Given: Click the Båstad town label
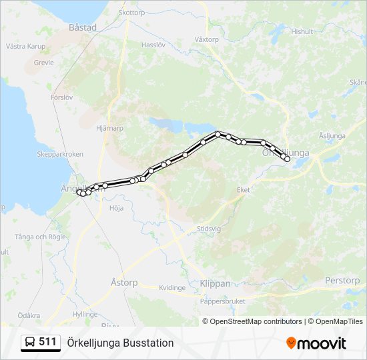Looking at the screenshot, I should (x=83, y=27).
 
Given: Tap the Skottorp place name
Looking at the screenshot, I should (x=131, y=12).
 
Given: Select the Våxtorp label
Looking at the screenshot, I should (x=206, y=39).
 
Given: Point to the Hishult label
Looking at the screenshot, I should (x=302, y=31).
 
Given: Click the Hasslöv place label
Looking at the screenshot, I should (x=153, y=44).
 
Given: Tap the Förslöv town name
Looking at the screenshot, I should (x=61, y=97).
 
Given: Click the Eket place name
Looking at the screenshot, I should (x=244, y=190).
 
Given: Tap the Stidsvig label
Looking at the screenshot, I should (x=208, y=228).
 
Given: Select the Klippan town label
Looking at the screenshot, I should (x=215, y=283).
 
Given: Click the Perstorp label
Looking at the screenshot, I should (x=342, y=281).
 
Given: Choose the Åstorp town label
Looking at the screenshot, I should (x=123, y=283).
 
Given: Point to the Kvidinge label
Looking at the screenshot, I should (x=172, y=288).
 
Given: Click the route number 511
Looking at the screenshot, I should (x=47, y=342).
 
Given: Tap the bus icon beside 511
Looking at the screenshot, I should (x=30, y=343).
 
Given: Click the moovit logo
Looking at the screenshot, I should (x=316, y=343).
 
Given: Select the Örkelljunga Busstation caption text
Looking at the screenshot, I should (x=120, y=343).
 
